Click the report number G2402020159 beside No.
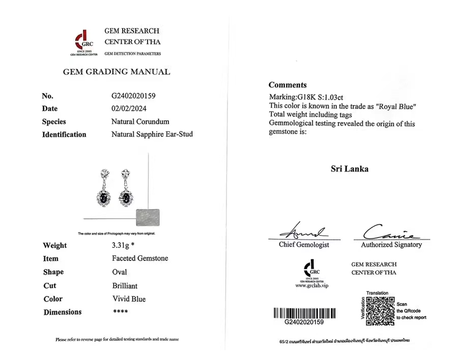[133, 96]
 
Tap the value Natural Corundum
[140, 122]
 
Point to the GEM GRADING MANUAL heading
[117, 72]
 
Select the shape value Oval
[120, 272]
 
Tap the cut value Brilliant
[125, 286]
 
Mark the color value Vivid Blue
[129, 299]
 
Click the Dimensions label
[63, 312]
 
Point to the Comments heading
[288, 85]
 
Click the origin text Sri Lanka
[349, 169]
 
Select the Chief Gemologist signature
[304, 233]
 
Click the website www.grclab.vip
[311, 286]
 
